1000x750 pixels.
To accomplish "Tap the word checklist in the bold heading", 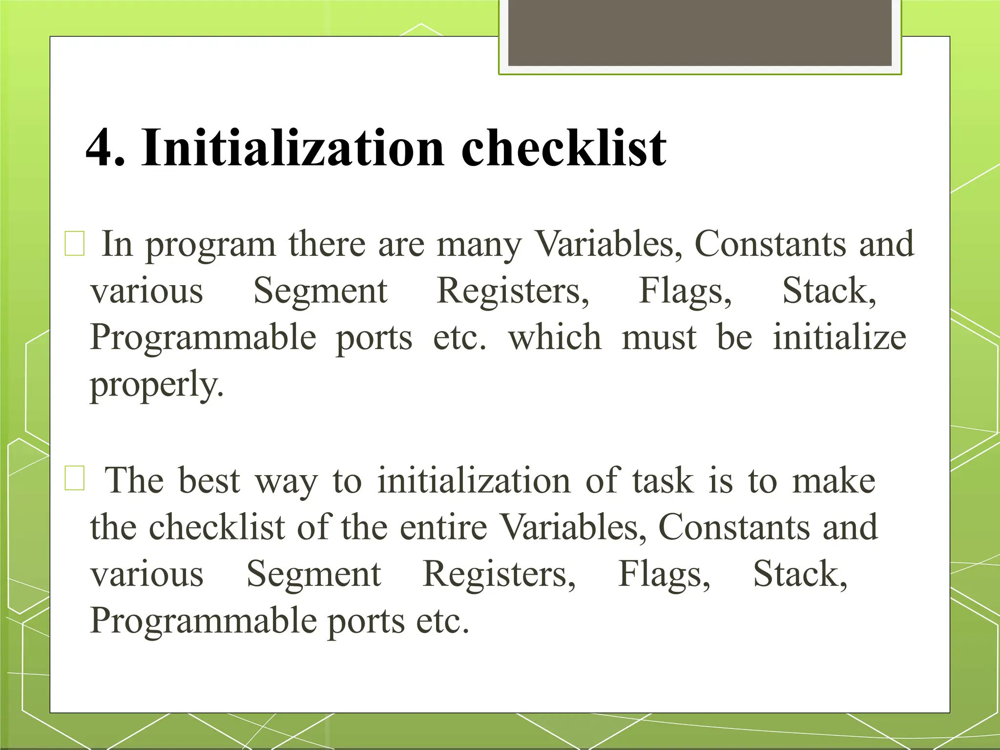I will coord(563,147).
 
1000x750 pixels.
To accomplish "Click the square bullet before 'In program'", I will coord(75,244).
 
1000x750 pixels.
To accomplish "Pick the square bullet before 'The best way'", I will coord(75,478).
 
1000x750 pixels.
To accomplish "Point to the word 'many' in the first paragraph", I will coord(479,245).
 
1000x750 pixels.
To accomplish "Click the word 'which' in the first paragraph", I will coord(555,337).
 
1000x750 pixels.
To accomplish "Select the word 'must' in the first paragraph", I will coord(659,337).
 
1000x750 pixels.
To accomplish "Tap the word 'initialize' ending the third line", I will coord(839,337).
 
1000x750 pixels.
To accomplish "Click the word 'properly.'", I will coord(157,385).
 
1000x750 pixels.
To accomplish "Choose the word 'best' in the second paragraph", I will coord(209,480).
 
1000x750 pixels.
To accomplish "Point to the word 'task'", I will coord(663,480).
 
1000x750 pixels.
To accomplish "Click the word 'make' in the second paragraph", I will coord(833,480).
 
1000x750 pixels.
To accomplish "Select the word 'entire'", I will coord(443,527).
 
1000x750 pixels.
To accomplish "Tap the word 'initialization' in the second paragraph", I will coord(474,480).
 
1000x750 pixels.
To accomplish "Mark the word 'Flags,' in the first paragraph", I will coord(685,291).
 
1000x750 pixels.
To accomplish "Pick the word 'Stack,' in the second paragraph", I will coord(800,574).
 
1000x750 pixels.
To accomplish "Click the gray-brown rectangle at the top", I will coord(700,33).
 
